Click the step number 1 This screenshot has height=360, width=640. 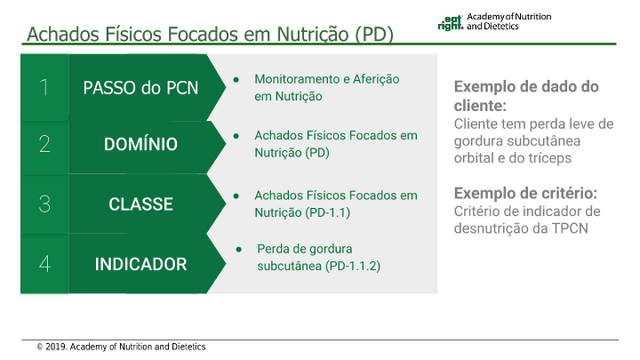coord(44,87)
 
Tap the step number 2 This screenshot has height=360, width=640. coord(45,144)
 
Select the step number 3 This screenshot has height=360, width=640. coord(45,204)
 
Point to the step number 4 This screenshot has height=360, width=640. coord(45,264)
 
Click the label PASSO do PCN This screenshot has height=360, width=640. coord(141,88)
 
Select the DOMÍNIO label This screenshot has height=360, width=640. coord(141,144)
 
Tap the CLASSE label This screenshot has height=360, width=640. coord(141,204)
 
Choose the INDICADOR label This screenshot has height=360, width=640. coord(141,264)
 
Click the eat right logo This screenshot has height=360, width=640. coord(450,23)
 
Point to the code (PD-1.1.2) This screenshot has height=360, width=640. coord(353,266)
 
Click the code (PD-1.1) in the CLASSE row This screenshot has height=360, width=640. coord(327,213)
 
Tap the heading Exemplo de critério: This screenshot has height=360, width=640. coord(526,193)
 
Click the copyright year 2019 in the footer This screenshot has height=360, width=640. coord(56,347)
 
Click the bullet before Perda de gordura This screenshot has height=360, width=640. coord(238,249)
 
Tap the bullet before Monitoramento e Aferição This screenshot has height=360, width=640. coord(236,79)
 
